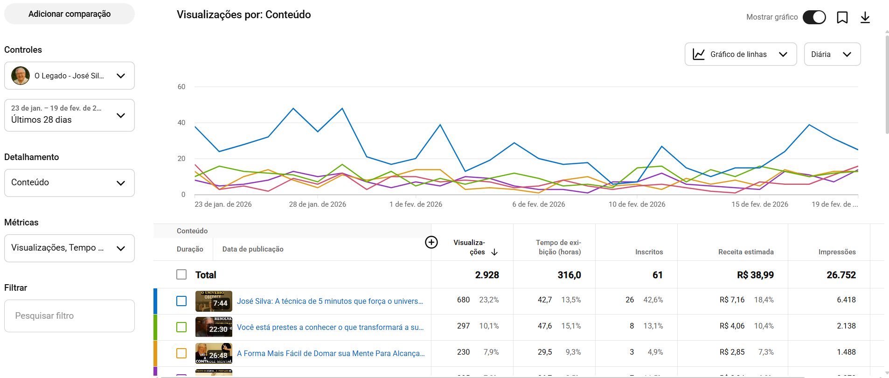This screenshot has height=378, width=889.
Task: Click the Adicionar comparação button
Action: (x=69, y=14)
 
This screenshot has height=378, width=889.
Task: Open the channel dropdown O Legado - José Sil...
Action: (x=69, y=76)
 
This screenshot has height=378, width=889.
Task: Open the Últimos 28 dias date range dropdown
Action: (x=69, y=115)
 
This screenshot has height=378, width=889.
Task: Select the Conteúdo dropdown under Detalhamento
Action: (x=69, y=182)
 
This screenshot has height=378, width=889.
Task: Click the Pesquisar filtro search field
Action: (x=69, y=316)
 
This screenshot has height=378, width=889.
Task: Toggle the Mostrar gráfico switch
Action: (x=814, y=17)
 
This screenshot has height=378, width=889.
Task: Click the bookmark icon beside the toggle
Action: (x=842, y=17)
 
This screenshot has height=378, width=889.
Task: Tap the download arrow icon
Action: (x=865, y=17)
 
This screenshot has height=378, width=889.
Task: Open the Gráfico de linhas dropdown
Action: (x=740, y=55)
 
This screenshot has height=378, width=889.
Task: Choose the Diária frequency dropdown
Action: (x=832, y=55)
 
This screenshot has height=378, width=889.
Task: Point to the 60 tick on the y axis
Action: (x=181, y=87)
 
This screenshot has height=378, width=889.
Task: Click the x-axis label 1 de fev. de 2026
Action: (x=416, y=204)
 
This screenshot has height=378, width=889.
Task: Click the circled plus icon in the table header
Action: (x=431, y=242)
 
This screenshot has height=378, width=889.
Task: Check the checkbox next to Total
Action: (x=181, y=274)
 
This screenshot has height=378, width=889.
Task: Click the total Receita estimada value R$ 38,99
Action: (x=755, y=275)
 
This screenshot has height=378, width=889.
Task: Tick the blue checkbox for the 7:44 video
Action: (x=181, y=301)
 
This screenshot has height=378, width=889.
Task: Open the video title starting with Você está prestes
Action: (x=330, y=328)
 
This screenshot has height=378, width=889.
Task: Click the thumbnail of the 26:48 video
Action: (x=214, y=353)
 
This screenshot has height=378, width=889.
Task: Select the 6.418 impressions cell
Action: (x=846, y=300)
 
